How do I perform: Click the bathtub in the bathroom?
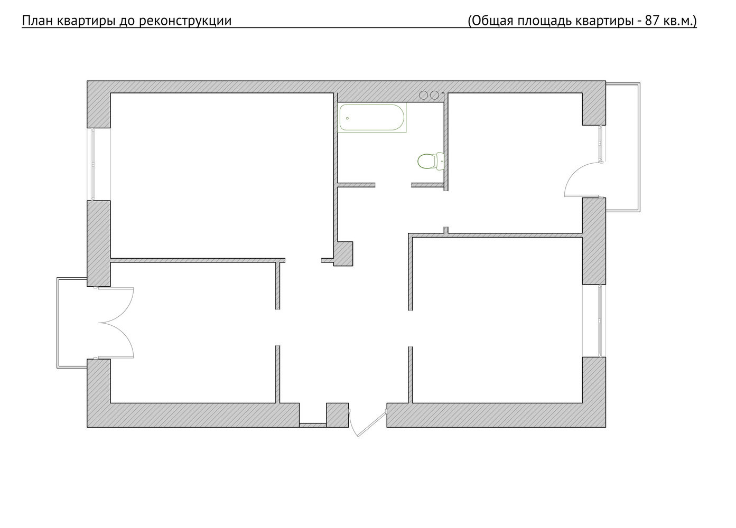pos(372,118)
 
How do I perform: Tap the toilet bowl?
pos(431,162)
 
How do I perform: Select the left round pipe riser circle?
pos(423,95)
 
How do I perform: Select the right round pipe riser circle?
pos(434,95)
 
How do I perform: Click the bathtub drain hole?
pos(347,118)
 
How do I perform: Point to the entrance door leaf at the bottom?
pos(372,423)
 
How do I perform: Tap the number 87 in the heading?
pos(652,21)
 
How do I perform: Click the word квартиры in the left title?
pos(85,21)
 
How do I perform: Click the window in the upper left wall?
pos(94,164)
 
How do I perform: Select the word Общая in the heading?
pos(491,21)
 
